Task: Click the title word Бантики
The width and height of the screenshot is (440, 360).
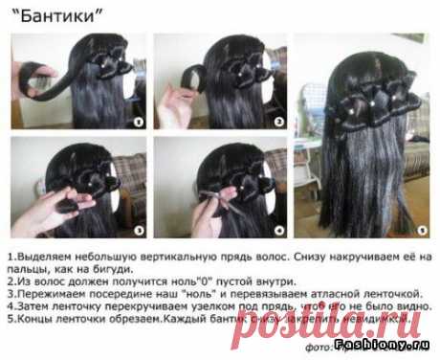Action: click(x=58, y=13)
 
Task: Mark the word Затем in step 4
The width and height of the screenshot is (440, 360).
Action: click(x=33, y=309)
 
